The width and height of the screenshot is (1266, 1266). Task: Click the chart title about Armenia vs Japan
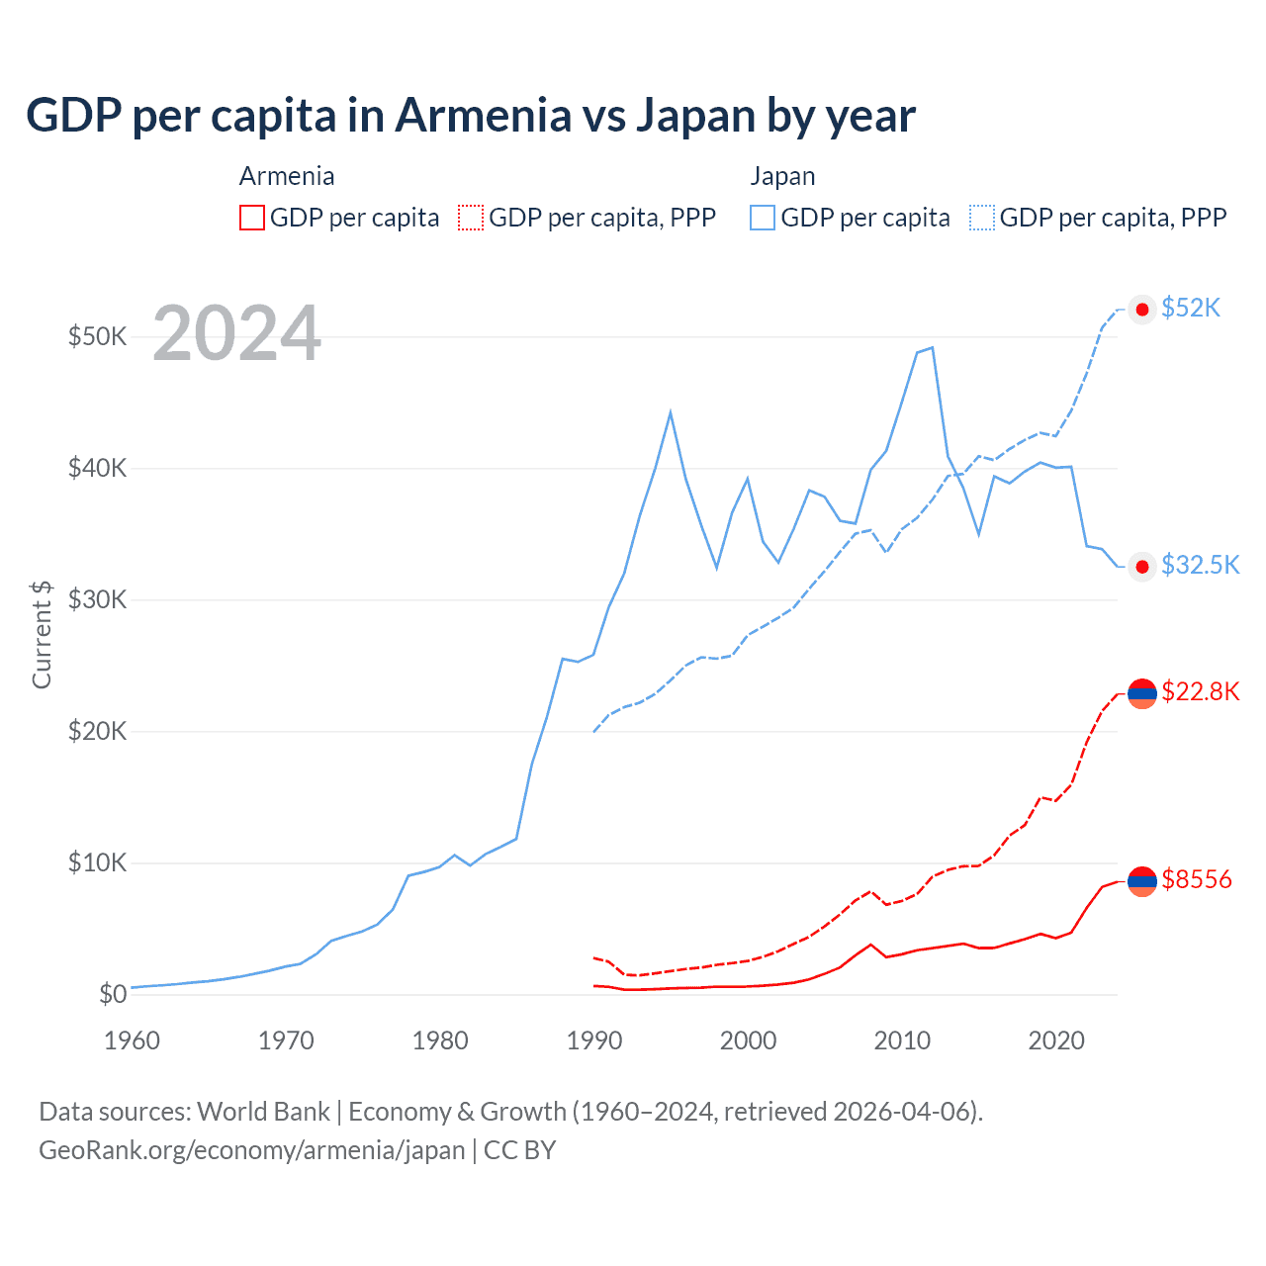point(471,116)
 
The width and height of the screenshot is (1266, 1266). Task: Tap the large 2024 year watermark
point(237,334)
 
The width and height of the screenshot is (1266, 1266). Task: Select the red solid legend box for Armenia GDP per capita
point(252,218)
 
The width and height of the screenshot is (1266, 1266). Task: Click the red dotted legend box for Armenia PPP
point(471,218)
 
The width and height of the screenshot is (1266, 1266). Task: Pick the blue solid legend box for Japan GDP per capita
point(763,218)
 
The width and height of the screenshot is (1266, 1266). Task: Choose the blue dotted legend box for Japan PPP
point(982,218)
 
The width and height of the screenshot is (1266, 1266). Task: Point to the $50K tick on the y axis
point(97,336)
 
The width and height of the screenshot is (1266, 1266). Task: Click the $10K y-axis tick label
point(97,862)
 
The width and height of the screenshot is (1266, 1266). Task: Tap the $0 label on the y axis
point(112,994)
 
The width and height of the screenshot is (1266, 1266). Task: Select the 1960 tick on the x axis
point(132,1040)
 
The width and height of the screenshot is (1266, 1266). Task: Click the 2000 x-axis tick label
point(748,1040)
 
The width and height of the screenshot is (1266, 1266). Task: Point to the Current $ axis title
point(42,634)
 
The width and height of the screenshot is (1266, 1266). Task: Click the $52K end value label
point(1191,309)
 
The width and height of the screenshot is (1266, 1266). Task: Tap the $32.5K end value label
point(1200,565)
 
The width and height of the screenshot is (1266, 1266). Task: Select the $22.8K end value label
point(1200,691)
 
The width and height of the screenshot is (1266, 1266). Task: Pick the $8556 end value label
point(1197,879)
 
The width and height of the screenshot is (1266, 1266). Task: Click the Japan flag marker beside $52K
point(1142,310)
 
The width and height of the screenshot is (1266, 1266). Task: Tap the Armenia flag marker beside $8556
point(1142,880)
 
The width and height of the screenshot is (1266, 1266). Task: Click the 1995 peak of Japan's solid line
point(671,411)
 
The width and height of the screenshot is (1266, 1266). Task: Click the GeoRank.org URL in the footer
point(252,1150)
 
